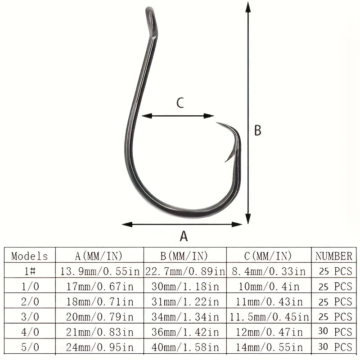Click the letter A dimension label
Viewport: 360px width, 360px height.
tap(184, 236)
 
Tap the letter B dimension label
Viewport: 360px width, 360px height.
tap(257, 130)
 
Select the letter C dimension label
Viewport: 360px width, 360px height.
tap(180, 103)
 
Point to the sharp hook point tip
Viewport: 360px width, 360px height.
tap(217, 123)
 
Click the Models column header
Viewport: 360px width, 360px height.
tap(30, 256)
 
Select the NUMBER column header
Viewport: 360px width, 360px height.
tap(333, 256)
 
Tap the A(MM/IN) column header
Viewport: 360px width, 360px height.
tap(99, 256)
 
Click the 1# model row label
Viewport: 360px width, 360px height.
tap(30, 271)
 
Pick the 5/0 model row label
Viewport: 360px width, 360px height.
tap(30, 347)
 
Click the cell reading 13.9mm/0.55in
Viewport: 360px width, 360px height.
tap(99, 271)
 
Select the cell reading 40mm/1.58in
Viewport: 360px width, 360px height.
tap(184, 347)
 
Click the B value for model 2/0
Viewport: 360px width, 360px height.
tap(184, 301)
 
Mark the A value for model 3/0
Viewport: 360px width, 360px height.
tap(99, 317)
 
